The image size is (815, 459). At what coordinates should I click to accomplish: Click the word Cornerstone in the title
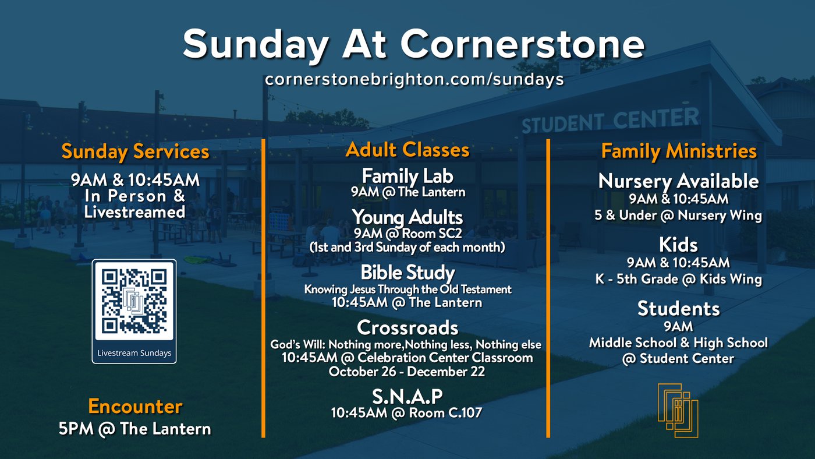pyautogui.click(x=523, y=44)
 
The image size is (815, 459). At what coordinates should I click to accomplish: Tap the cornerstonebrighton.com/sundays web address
pyautogui.click(x=414, y=79)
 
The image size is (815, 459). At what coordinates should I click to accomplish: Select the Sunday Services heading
pyautogui.click(x=135, y=151)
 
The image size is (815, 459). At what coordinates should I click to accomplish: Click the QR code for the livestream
pyautogui.click(x=134, y=301)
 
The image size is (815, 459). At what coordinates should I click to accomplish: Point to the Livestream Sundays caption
pyautogui.click(x=134, y=353)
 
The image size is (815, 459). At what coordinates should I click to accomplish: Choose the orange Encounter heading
pyautogui.click(x=135, y=406)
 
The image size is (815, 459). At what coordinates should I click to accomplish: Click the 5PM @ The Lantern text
pyautogui.click(x=135, y=429)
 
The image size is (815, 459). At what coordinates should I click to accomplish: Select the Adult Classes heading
pyautogui.click(x=408, y=150)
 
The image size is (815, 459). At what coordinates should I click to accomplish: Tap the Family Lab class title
pyautogui.click(x=408, y=176)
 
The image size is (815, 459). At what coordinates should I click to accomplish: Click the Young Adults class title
pyautogui.click(x=408, y=217)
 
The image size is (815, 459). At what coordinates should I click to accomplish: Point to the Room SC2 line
pyautogui.click(x=408, y=234)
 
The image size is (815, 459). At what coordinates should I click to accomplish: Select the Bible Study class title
pyautogui.click(x=408, y=273)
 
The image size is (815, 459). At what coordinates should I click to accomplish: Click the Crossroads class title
pyautogui.click(x=408, y=327)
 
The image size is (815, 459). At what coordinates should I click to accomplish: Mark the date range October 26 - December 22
pyautogui.click(x=407, y=372)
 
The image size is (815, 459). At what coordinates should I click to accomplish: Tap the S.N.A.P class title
pyautogui.click(x=407, y=397)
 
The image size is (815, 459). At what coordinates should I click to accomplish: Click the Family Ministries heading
pyautogui.click(x=679, y=151)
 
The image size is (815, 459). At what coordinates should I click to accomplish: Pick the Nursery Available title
pyautogui.click(x=679, y=181)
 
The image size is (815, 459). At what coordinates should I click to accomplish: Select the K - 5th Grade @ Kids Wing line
pyautogui.click(x=679, y=279)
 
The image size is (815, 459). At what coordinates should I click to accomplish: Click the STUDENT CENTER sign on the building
pyautogui.click(x=610, y=120)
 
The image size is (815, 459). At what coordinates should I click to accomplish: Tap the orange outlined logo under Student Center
pyautogui.click(x=678, y=410)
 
